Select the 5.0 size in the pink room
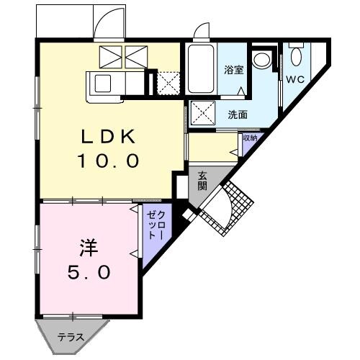[89, 273]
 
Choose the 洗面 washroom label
[238, 114]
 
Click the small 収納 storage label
[249, 138]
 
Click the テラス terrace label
[71, 337]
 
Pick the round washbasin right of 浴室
[264, 59]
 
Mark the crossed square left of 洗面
[201, 113]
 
